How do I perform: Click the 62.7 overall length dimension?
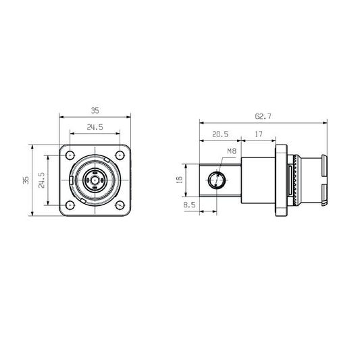coord(263,117)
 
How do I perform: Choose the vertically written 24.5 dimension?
coord(42,180)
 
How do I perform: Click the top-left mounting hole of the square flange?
coord(70,155)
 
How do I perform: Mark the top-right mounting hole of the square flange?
coord(120,155)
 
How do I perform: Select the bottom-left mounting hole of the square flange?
coord(70,205)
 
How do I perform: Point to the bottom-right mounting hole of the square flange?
coord(120,205)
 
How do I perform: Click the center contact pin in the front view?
coord(95,180)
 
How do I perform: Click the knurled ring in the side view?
coord(295,180)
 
